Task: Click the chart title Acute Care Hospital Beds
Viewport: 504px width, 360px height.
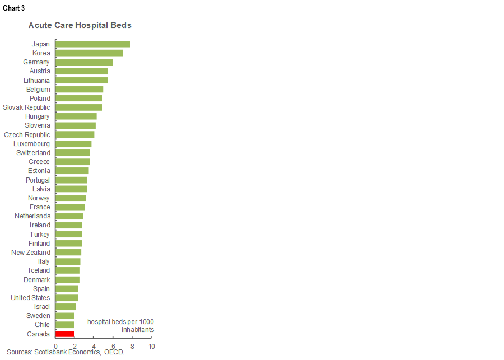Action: (80, 26)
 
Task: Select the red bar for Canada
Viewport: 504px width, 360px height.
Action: (65, 334)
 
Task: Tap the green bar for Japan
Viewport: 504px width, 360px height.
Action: (93, 44)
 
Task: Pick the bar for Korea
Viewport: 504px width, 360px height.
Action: (90, 53)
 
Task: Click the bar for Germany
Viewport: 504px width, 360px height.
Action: (85, 62)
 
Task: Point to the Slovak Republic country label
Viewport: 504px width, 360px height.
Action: (26, 107)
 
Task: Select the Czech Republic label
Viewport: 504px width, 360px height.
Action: (27, 134)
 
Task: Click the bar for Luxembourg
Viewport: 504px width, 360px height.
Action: (74, 144)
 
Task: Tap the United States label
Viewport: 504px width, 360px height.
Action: (30, 298)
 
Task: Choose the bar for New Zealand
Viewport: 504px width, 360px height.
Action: (69, 253)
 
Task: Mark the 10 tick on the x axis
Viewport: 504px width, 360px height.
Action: (151, 347)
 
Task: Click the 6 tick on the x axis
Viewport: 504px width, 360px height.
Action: (113, 347)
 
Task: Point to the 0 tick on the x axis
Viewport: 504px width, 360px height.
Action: (56, 347)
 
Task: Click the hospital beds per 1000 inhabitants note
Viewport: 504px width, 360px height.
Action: (120, 326)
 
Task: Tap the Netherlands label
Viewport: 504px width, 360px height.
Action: (32, 216)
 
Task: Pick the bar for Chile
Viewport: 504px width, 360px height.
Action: (65, 325)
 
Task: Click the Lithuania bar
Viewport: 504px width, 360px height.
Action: (82, 80)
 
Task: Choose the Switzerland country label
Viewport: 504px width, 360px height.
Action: (34, 153)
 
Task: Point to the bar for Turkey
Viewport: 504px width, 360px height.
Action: (69, 234)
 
